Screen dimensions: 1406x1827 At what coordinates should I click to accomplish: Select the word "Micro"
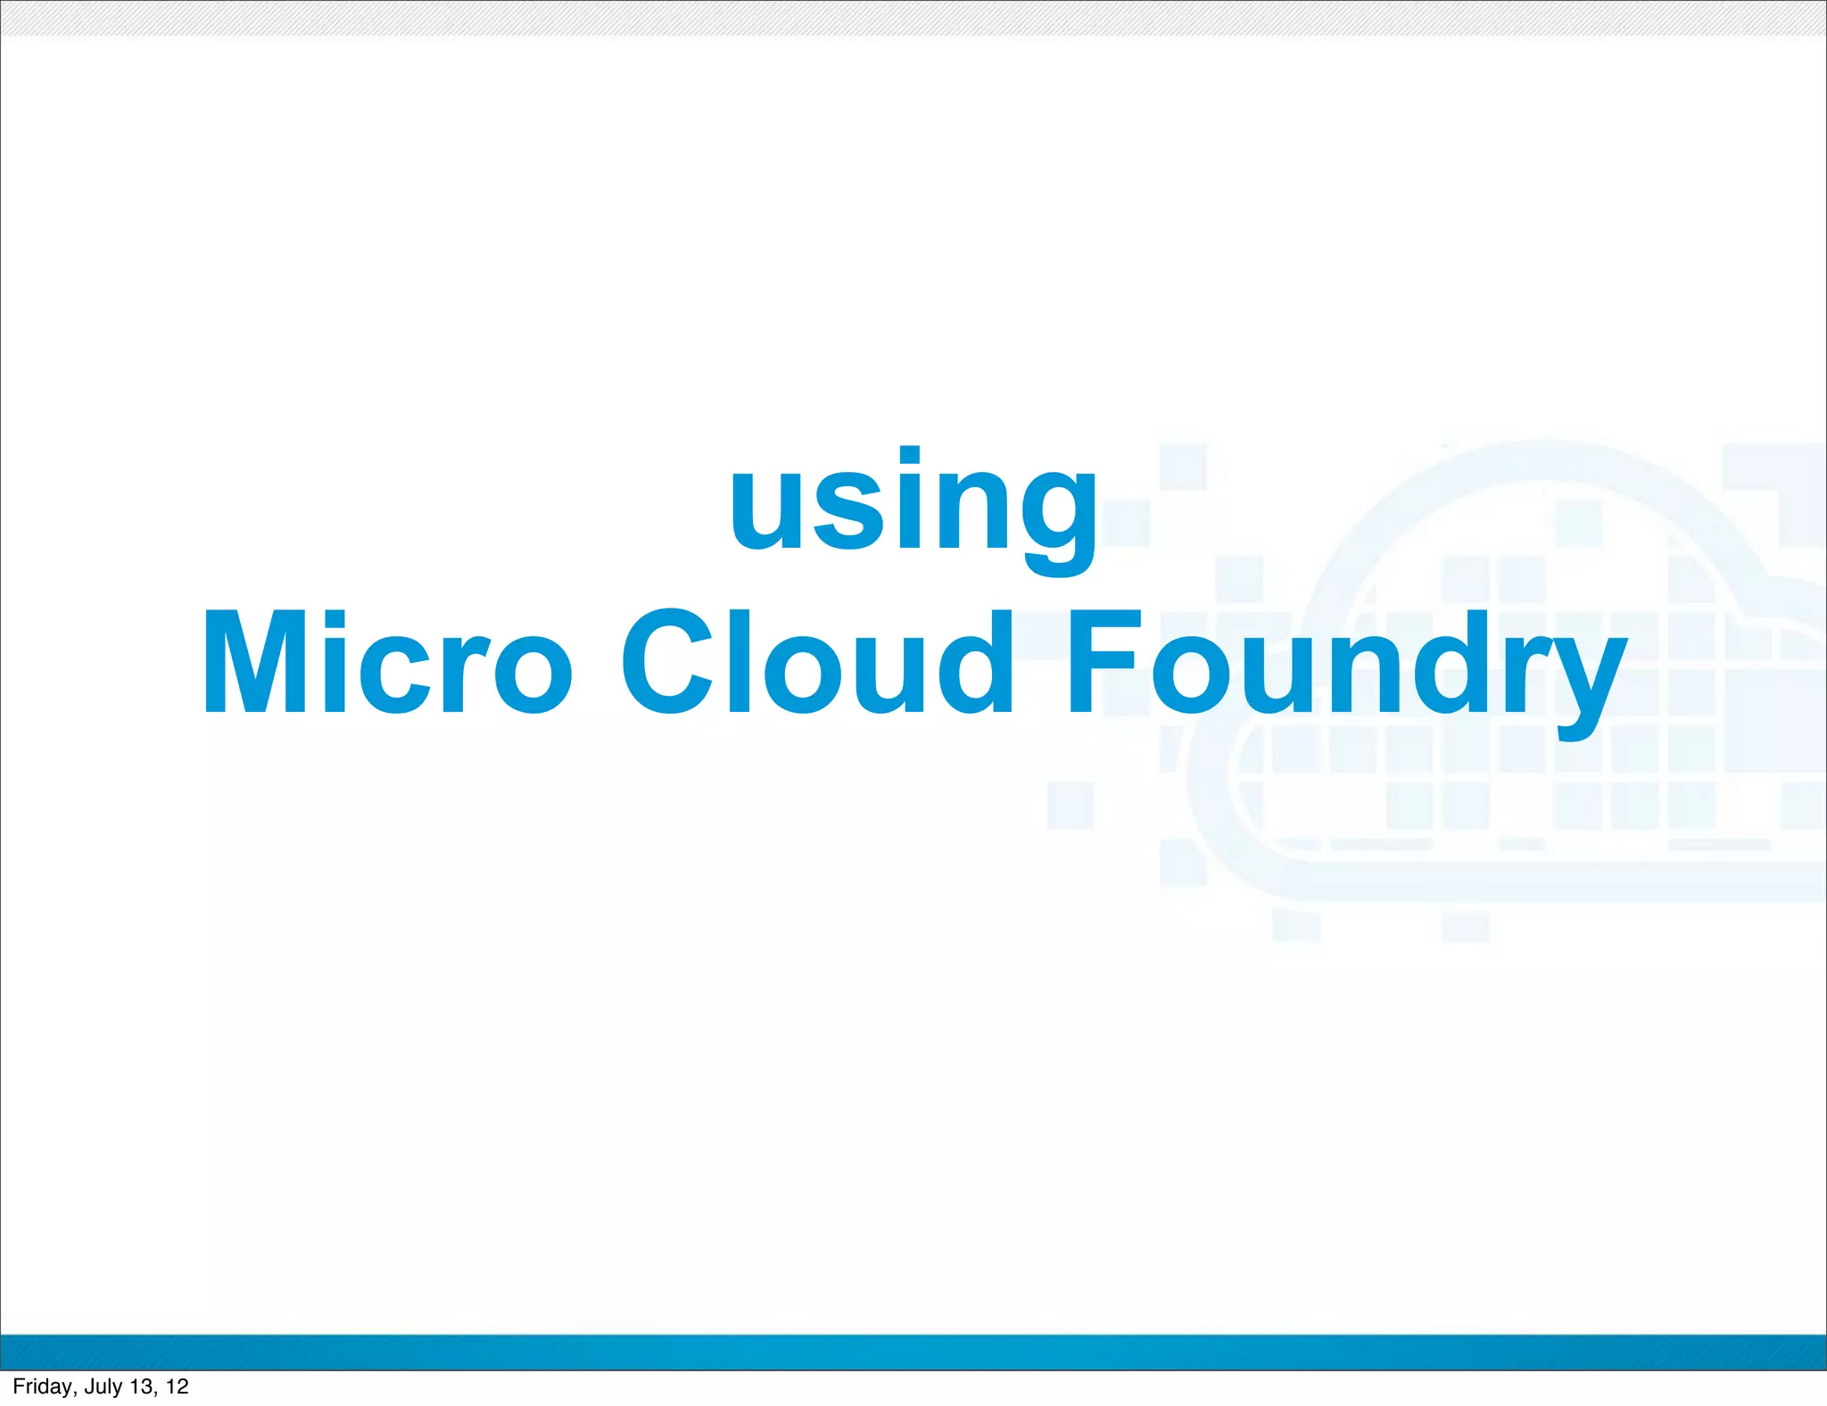pos(387,662)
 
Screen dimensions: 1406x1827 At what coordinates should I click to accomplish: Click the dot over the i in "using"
pos(909,455)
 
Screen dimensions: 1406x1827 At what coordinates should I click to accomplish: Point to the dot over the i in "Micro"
pos(335,618)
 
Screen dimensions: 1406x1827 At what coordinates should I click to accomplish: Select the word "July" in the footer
pos(103,1386)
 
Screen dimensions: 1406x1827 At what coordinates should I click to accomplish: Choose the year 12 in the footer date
pos(178,1386)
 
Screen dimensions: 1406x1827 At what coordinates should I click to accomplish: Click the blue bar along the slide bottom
pos(913,1352)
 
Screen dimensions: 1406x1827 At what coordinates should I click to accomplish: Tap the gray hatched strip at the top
pos(913,18)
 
